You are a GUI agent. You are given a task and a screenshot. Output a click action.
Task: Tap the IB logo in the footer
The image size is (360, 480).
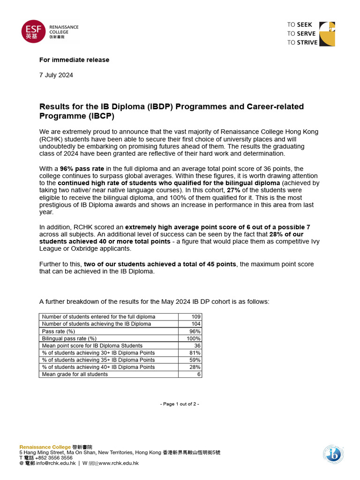coord(333,454)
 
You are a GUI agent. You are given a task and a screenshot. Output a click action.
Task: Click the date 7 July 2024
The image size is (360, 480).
coord(56,75)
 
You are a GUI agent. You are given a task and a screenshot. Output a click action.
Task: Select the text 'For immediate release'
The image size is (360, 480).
coord(74,60)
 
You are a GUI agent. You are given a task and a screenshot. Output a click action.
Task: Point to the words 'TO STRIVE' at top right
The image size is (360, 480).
coord(302,42)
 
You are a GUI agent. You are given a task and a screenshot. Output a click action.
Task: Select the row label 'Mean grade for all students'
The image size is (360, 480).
coord(75,375)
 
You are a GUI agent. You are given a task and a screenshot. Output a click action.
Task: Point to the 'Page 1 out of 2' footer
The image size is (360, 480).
coord(180,404)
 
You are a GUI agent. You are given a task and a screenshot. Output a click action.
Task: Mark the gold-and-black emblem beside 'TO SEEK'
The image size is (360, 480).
coord(328,33)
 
